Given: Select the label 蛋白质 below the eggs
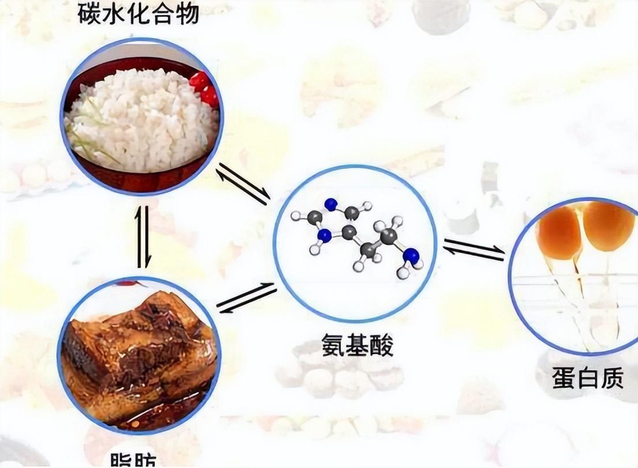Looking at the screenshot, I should click(x=588, y=380).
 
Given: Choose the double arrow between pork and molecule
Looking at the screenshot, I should click(x=245, y=299).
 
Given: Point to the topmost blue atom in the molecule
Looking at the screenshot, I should click(x=330, y=203).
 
